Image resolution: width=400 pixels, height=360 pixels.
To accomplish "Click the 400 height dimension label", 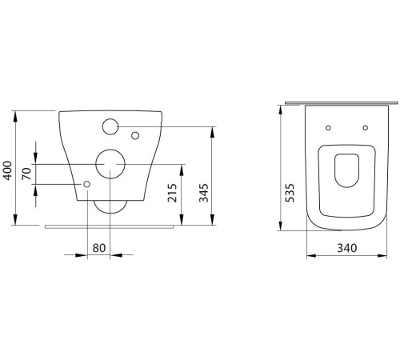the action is coord(8,170).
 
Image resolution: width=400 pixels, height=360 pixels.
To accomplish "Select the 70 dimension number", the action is coord(26,174).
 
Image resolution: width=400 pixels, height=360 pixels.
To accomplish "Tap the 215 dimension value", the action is coord(172,193).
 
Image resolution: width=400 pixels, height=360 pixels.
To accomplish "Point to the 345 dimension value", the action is coord(204,193).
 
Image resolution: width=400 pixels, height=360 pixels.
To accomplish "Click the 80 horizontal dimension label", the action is coord(99,248).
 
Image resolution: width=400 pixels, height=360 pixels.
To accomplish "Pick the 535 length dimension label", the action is coord(290,193).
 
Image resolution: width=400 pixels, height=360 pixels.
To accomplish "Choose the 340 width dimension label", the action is coord(347,248).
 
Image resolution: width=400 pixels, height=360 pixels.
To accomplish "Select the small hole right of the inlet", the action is coord(135,136).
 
